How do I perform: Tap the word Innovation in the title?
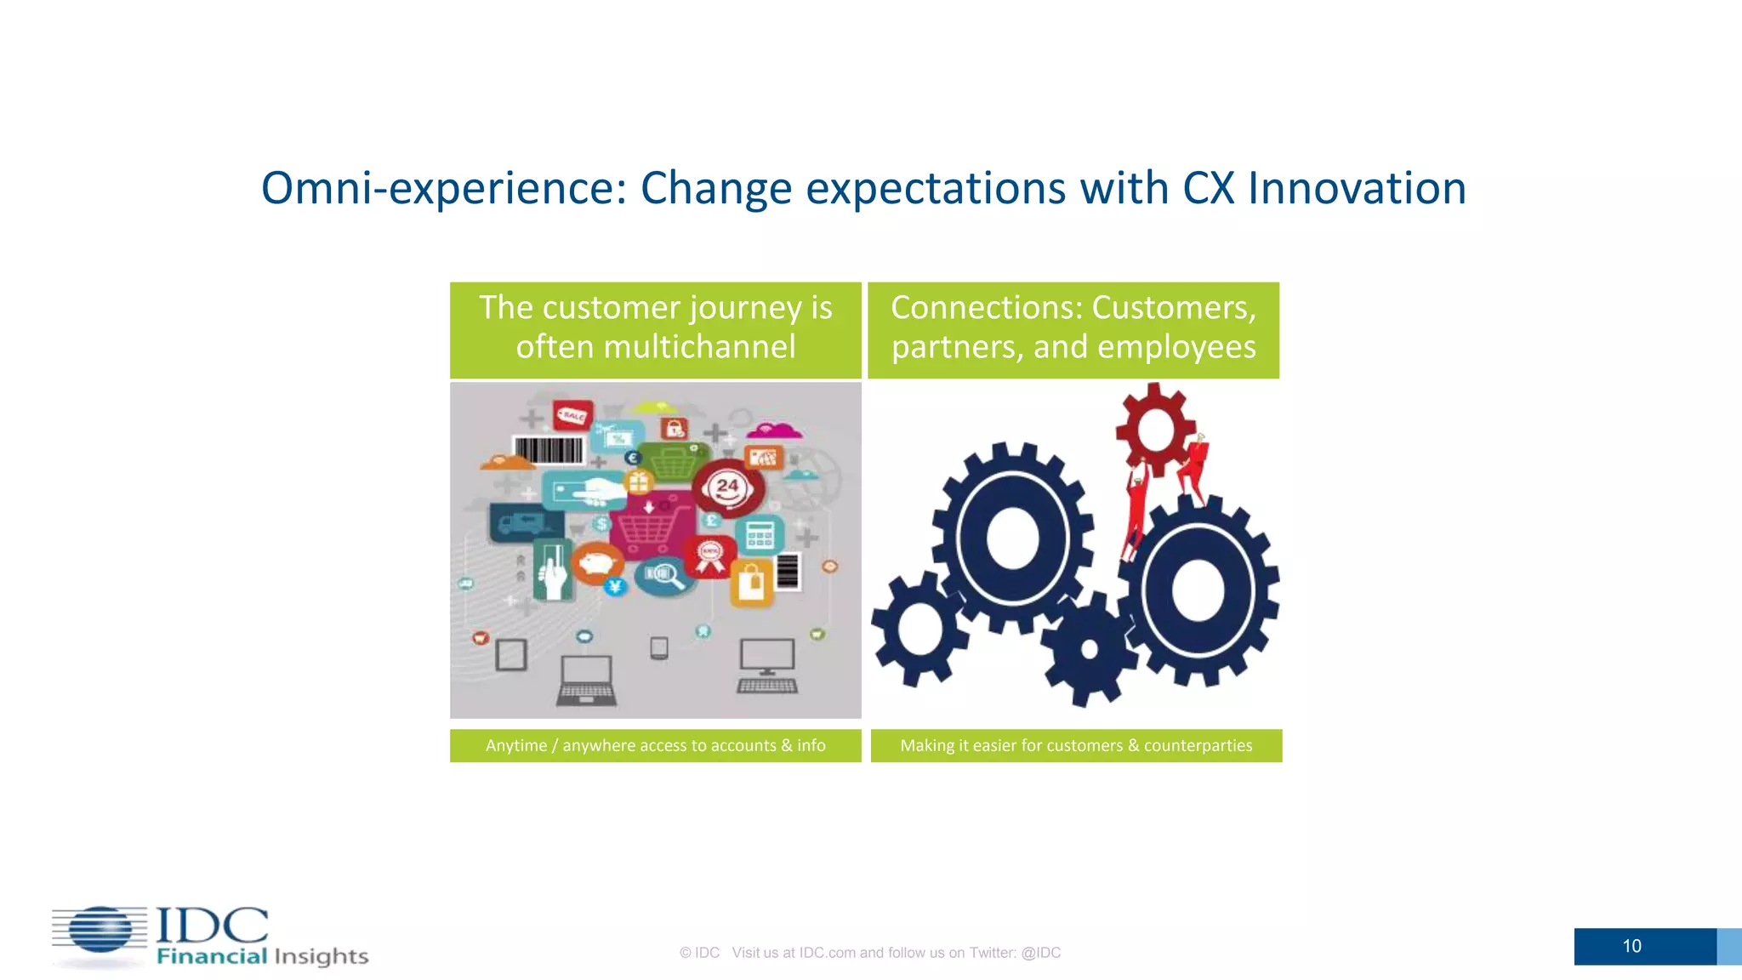[x=1357, y=189]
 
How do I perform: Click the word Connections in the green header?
[x=986, y=308]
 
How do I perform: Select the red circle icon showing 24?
[x=728, y=488]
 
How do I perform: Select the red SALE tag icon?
[x=572, y=415]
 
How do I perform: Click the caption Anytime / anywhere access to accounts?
[x=655, y=746]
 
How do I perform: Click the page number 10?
[x=1631, y=946]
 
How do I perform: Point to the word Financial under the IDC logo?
[x=212, y=957]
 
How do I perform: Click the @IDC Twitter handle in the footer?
[x=1040, y=953]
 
